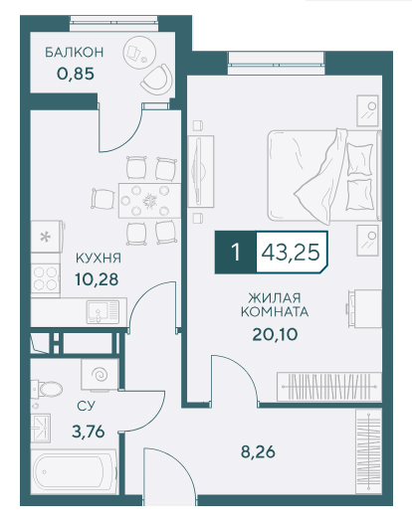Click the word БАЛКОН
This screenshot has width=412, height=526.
tap(75, 53)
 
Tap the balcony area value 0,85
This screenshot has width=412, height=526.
tap(76, 74)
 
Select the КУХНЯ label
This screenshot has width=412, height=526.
tap(99, 258)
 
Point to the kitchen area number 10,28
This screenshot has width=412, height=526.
tap(97, 279)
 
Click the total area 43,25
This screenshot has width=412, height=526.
tap(291, 252)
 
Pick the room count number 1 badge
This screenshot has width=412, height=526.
tap(236, 252)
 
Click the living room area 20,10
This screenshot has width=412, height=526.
tap(275, 334)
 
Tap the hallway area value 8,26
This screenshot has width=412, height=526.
tap(258, 451)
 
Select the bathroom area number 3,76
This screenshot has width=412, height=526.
tap(89, 432)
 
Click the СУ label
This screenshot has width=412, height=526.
tap(86, 407)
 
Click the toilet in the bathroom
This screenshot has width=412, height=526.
tap(47, 389)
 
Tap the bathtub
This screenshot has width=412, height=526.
tap(74, 471)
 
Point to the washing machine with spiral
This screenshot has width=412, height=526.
tap(100, 375)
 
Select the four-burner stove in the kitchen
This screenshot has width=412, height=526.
tap(46, 277)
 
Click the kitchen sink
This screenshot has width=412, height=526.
tap(103, 312)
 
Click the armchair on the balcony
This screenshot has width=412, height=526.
tap(157, 80)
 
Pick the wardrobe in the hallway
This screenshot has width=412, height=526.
tap(368, 451)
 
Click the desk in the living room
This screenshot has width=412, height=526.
tap(364, 308)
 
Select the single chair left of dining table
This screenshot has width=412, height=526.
tap(103, 199)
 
